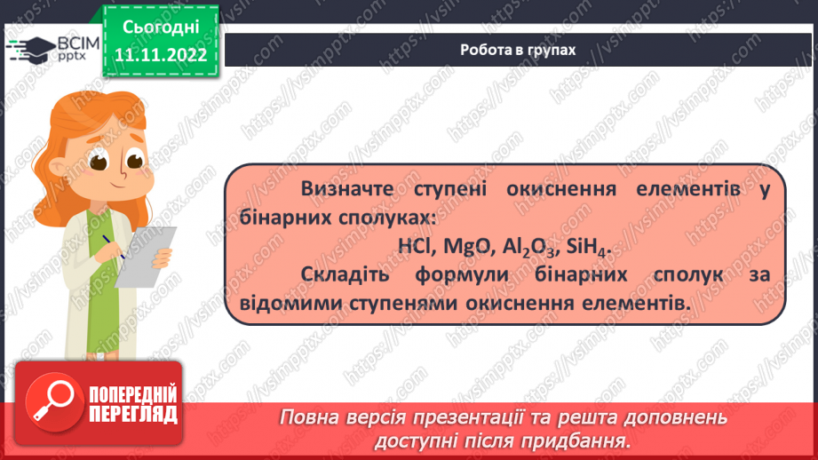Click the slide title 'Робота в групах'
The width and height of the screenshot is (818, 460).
(518, 51)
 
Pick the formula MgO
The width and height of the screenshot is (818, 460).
(464, 246)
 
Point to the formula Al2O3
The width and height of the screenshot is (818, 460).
(522, 247)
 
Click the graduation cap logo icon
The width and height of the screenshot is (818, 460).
(29, 48)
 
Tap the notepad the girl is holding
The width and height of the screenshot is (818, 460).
(145, 256)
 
